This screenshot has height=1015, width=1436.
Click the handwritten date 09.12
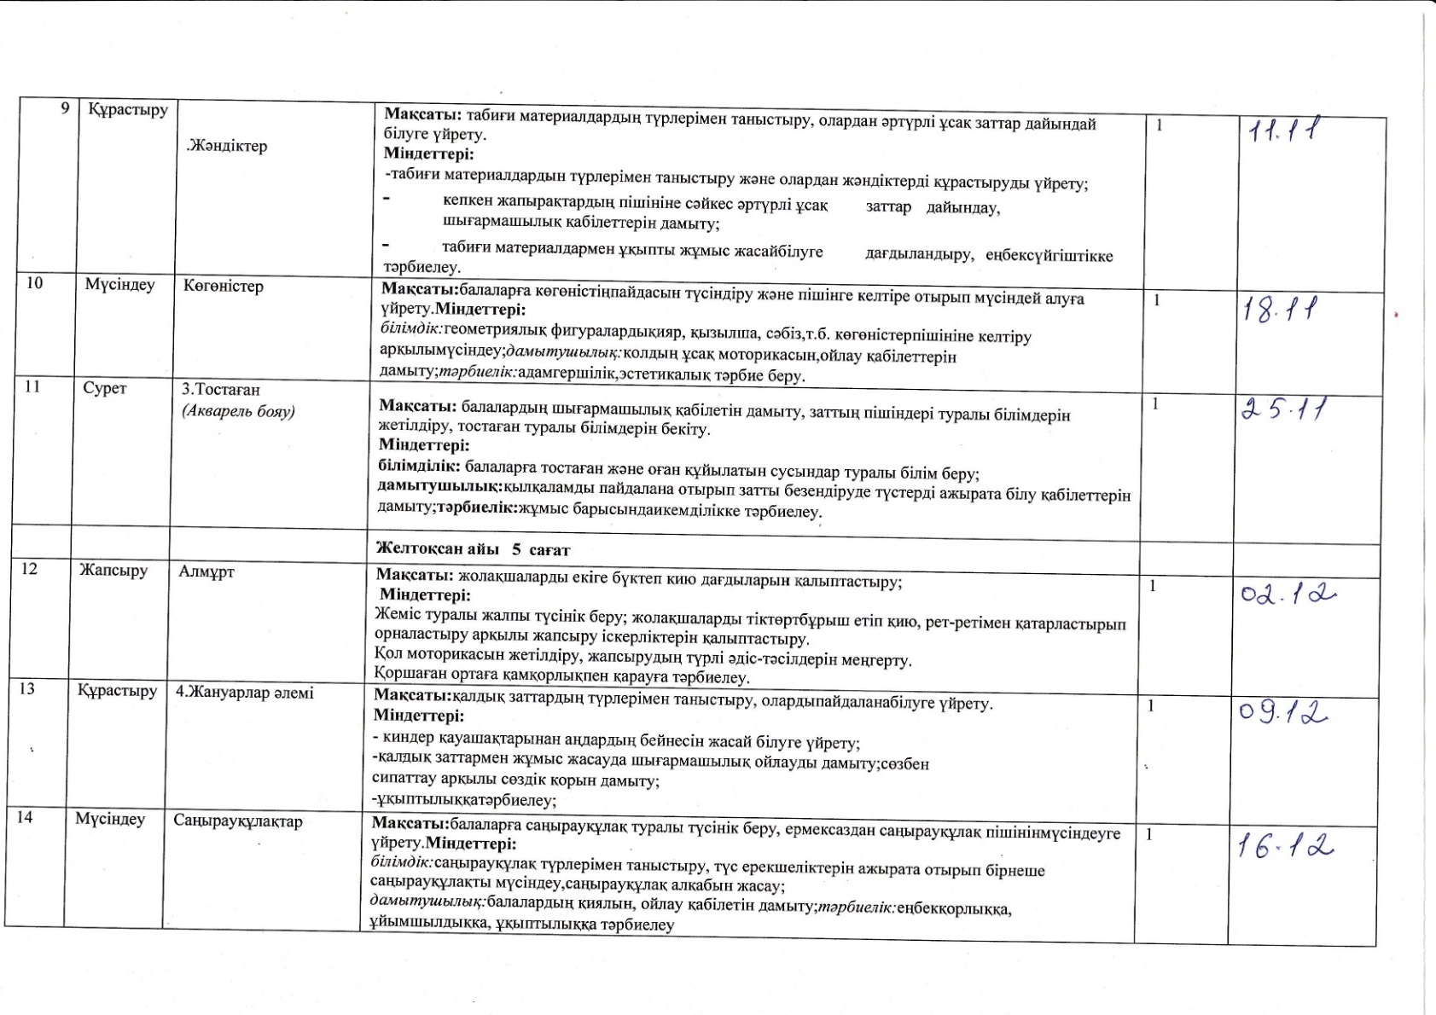[x=1283, y=711]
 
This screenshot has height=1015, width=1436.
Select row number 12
[x=30, y=569]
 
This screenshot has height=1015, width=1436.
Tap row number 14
[x=25, y=817]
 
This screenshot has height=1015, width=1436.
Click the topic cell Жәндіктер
[x=226, y=146]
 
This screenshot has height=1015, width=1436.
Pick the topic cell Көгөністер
[x=224, y=286]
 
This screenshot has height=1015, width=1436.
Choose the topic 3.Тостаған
[x=221, y=390]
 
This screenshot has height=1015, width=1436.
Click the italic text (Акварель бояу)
[x=238, y=411]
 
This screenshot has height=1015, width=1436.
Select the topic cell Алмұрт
[x=206, y=571]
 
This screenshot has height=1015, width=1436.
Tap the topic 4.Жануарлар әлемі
[x=245, y=693]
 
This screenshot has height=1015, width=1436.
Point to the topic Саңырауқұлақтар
[x=238, y=821]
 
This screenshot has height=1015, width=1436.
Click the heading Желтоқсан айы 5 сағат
[x=473, y=550]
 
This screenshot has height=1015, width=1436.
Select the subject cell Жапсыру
[x=113, y=570]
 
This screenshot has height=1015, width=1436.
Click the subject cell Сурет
[x=105, y=389]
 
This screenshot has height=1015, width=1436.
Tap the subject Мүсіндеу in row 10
[x=119, y=285]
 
